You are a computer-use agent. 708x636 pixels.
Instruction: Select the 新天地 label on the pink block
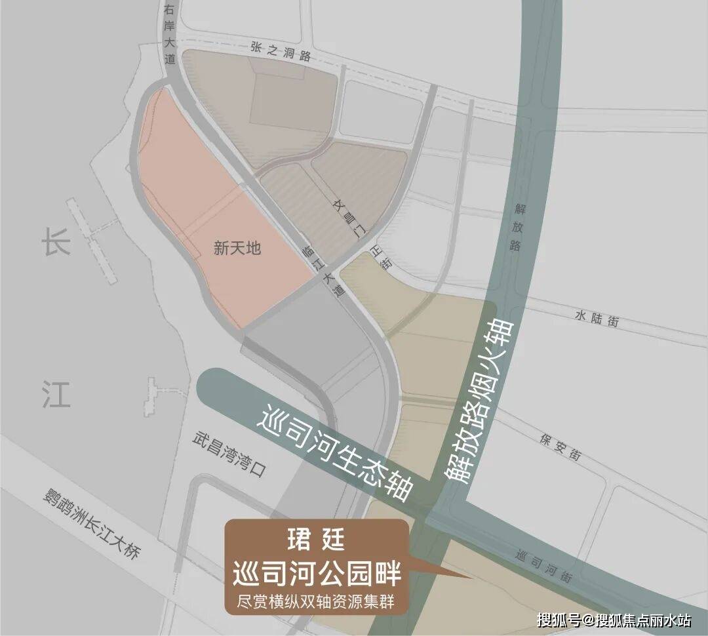(x=237, y=248)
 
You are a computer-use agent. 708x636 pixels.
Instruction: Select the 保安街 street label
(x=561, y=448)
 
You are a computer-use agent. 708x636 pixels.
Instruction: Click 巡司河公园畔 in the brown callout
(x=317, y=574)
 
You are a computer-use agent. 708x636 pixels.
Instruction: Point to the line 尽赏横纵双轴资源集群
(x=317, y=601)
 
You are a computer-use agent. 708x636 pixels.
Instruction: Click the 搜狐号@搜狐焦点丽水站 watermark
(x=614, y=619)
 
